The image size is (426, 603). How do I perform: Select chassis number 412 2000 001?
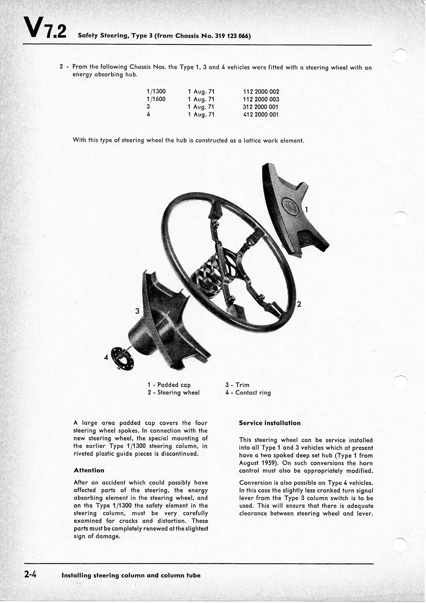(x=261, y=115)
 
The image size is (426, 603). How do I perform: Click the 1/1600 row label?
(x=156, y=100)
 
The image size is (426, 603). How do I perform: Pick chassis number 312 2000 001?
(x=261, y=107)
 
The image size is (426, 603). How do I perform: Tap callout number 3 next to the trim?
(x=137, y=311)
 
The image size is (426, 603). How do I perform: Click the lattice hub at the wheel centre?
(x=210, y=276)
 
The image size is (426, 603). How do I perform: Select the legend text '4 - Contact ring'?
(x=248, y=393)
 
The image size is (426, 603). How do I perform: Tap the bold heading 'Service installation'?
(x=270, y=423)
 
